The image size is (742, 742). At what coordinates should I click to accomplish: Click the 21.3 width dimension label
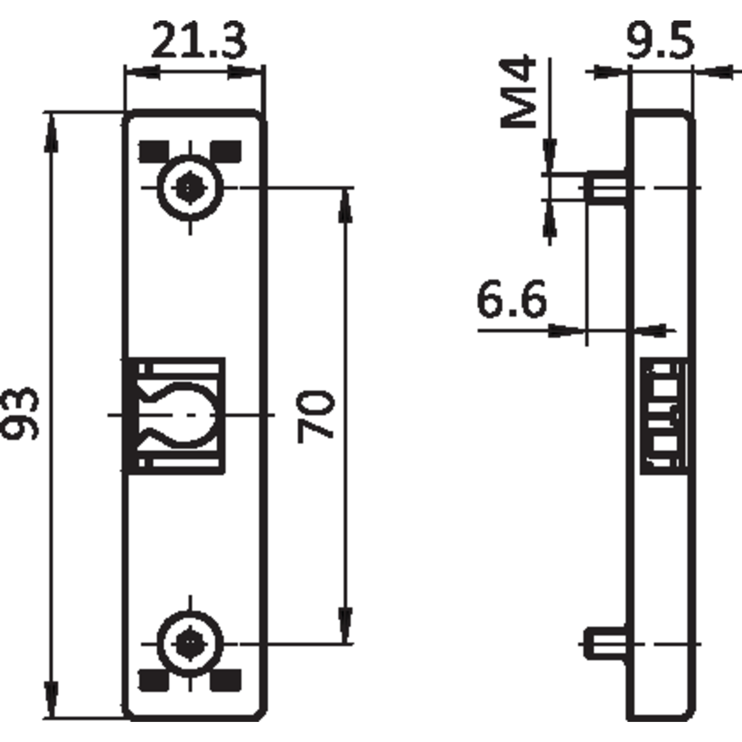pyautogui.click(x=199, y=40)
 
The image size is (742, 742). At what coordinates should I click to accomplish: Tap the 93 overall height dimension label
pyautogui.click(x=20, y=414)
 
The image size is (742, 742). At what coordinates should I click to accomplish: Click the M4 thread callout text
pyautogui.click(x=518, y=92)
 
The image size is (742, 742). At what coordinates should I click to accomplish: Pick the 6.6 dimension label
pyautogui.click(x=512, y=299)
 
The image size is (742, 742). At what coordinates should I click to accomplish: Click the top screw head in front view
pyautogui.click(x=190, y=188)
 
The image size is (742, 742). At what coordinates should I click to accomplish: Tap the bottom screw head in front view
pyautogui.click(x=190, y=644)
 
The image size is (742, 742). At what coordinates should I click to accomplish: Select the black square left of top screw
pyautogui.click(x=154, y=151)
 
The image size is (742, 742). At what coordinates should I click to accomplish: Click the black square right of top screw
pyautogui.click(x=226, y=151)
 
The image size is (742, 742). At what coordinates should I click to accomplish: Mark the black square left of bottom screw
pyautogui.click(x=154, y=680)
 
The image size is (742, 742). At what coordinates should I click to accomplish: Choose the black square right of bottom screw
pyautogui.click(x=226, y=680)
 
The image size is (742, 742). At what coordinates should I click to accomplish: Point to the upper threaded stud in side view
pyautogui.click(x=606, y=188)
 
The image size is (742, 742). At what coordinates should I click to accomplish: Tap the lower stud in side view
pyautogui.click(x=606, y=644)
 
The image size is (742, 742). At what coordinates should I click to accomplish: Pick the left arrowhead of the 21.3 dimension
pyautogui.click(x=142, y=72)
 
